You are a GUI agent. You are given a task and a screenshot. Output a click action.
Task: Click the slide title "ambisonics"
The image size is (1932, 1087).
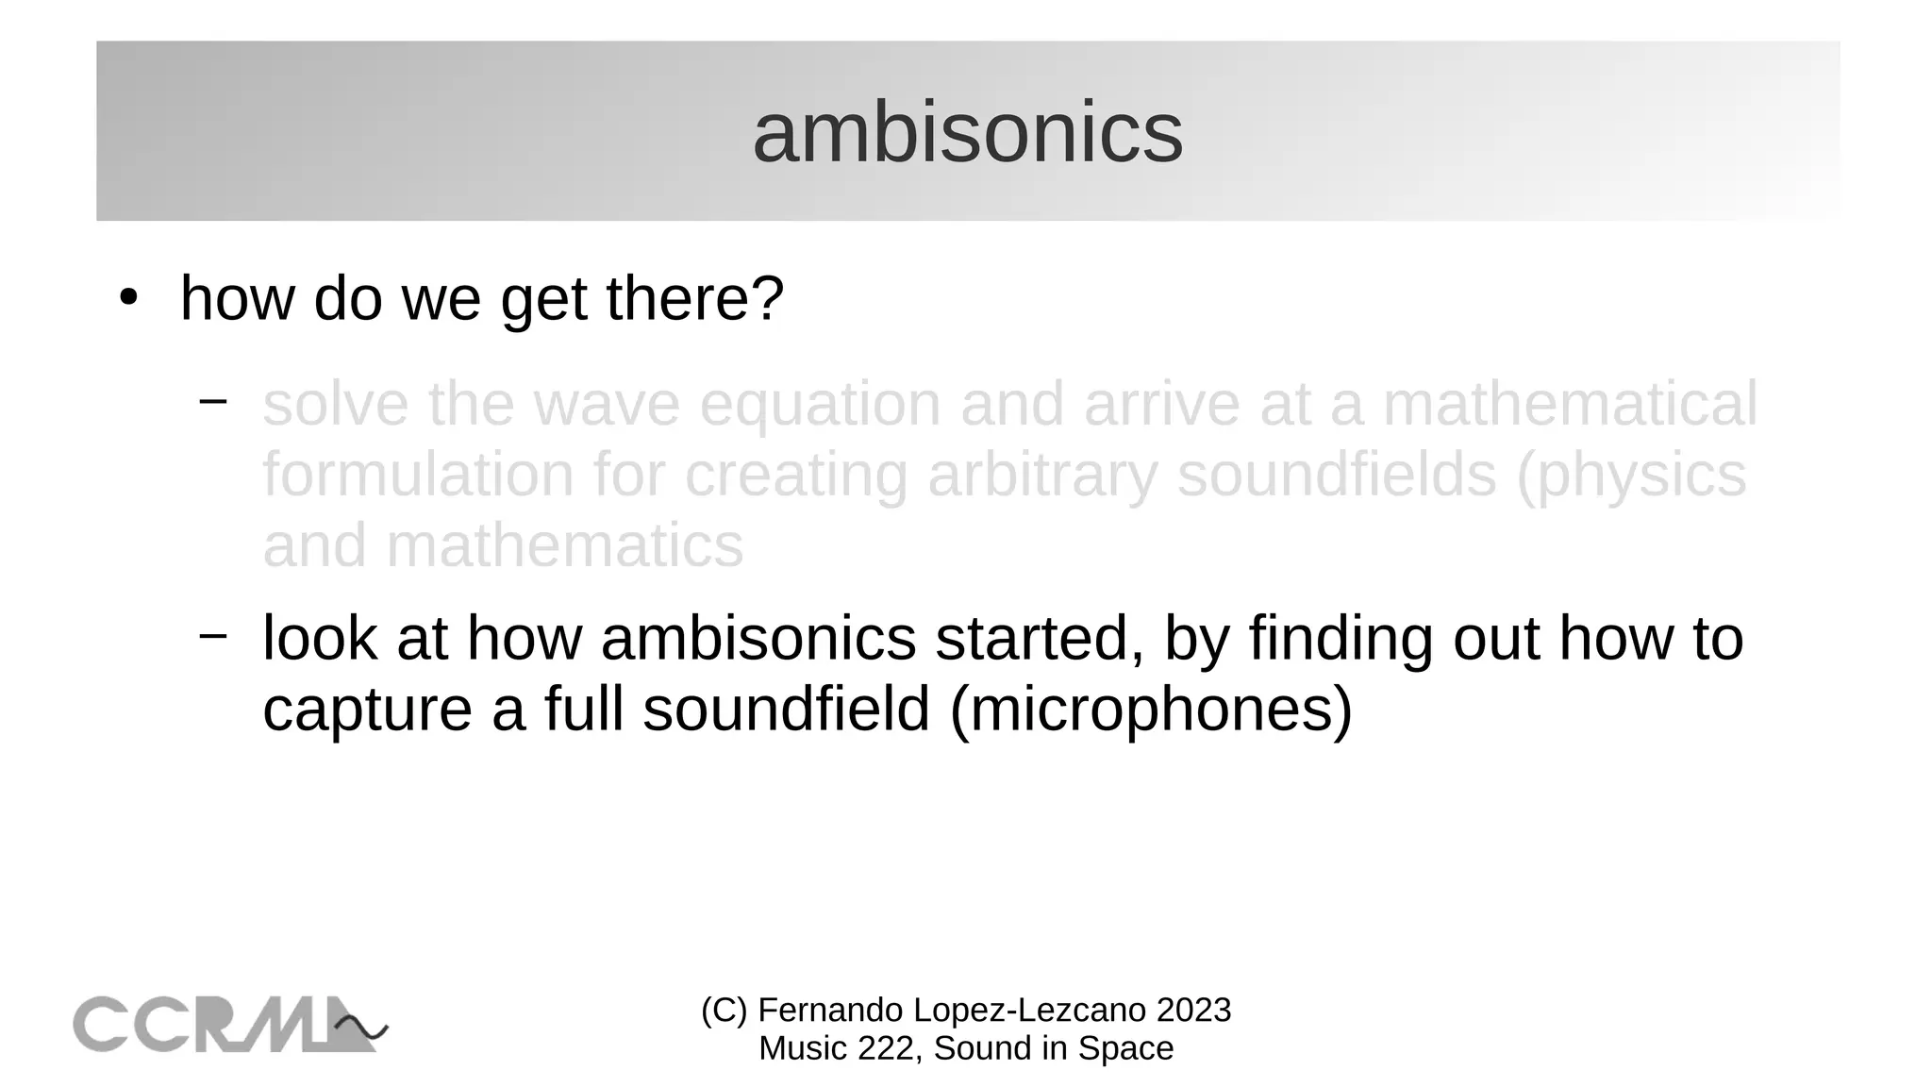click(x=967, y=133)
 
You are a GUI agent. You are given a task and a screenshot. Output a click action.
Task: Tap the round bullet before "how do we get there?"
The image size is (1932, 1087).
click(x=128, y=298)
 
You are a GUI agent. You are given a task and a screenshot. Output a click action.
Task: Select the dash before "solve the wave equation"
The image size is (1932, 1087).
click(x=213, y=401)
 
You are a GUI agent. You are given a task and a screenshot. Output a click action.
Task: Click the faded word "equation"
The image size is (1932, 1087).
click(x=820, y=405)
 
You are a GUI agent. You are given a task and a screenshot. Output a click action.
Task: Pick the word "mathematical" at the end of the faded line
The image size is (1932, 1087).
click(x=1570, y=405)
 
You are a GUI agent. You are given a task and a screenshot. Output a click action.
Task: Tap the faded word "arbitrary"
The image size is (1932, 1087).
click(x=1042, y=475)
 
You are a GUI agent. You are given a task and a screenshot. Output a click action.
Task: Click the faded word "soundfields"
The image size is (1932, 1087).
click(x=1337, y=475)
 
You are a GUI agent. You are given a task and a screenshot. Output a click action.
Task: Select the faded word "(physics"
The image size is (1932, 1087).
click(x=1631, y=477)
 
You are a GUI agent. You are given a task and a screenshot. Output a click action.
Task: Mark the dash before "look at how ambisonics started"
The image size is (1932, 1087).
click(x=213, y=635)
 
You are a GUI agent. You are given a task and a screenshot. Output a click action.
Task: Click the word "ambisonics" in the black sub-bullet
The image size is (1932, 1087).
click(x=758, y=639)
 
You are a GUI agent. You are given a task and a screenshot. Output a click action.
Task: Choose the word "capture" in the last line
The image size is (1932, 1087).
click(x=367, y=710)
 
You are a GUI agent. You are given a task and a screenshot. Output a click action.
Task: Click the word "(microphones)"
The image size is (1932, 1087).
click(x=1151, y=710)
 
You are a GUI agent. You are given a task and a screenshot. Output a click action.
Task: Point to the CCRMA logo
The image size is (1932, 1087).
click(x=230, y=1024)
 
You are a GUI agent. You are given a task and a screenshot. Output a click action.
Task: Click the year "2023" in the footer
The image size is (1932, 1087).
click(x=1193, y=1011)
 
